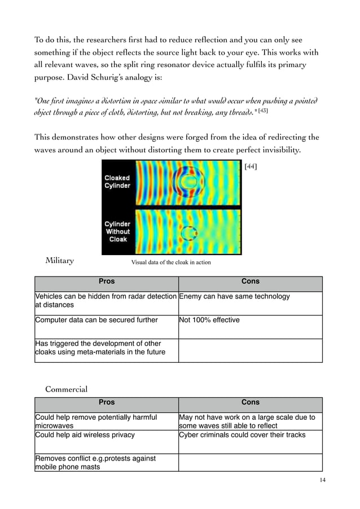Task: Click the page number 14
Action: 322,480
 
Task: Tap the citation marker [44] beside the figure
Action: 250,166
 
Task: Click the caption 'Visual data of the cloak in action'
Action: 171,262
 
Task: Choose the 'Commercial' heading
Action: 66,389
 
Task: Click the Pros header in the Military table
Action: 107,281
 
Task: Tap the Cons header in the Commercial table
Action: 251,402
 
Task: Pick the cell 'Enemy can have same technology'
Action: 234,297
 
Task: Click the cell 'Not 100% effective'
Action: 209,321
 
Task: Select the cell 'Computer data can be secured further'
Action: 96,321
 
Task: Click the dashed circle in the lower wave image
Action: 187,232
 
